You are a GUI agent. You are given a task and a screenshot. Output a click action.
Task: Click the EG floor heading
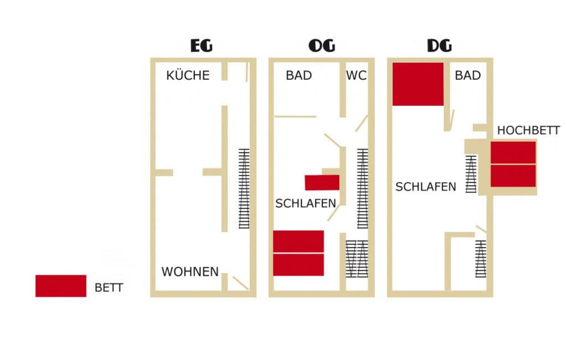coord(202,45)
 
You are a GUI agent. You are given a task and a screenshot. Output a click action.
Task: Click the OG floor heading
coord(322,45)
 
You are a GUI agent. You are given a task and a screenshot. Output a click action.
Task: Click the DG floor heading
coord(439,45)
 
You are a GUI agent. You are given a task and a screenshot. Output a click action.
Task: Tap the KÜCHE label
coord(188,75)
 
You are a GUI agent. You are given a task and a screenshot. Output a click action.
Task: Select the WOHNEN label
coord(190,271)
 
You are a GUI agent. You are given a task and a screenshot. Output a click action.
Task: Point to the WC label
coord(356,75)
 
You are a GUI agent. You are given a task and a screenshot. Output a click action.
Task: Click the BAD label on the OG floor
coord(298,75)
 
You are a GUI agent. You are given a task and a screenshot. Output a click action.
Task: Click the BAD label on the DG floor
coord(467,75)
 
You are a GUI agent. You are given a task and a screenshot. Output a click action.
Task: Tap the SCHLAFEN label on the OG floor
coord(306,203)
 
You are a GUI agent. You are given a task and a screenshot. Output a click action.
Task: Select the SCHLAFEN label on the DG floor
coord(426,187)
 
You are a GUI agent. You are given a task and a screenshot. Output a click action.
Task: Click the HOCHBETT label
coord(528,130)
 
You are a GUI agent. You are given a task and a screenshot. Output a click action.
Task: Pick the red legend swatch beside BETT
coord(61,286)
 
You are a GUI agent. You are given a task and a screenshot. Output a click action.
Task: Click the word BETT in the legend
coord(109,287)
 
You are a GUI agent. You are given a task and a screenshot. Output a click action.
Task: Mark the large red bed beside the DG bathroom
coord(418,84)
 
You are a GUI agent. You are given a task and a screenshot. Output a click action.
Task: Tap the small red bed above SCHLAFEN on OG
coord(322,183)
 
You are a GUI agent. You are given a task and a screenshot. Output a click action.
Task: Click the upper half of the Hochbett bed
coord(513,152)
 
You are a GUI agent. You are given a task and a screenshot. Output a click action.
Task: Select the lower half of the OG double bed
coord(298,265)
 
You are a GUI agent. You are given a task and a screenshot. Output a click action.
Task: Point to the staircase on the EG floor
coord(244,188)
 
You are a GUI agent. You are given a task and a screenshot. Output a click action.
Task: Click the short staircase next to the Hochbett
coord(471,174)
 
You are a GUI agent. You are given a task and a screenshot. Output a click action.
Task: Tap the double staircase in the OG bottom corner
coord(357,259)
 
